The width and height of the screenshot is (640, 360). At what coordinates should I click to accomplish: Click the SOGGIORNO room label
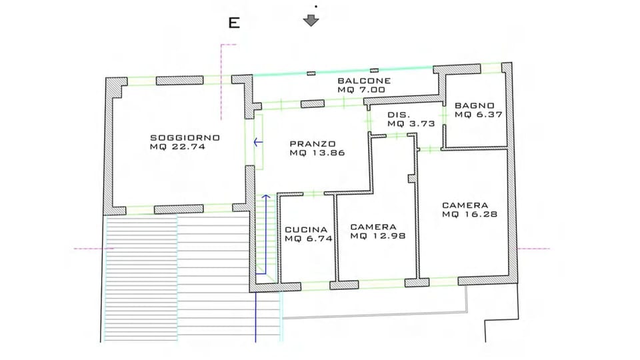click(x=185, y=137)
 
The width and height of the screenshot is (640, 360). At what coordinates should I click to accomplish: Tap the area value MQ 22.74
click(x=177, y=147)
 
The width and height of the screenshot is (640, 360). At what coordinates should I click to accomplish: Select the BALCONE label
click(x=363, y=81)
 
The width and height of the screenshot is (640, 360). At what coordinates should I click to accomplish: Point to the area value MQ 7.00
click(x=361, y=90)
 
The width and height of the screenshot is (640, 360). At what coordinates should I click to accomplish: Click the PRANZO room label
click(x=313, y=143)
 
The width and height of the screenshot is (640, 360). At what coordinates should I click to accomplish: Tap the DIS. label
click(x=398, y=115)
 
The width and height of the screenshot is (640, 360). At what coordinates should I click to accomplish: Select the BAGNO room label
click(x=475, y=105)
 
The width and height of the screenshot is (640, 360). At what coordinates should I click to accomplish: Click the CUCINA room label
click(x=306, y=229)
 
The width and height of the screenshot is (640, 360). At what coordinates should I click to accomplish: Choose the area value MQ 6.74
click(x=308, y=238)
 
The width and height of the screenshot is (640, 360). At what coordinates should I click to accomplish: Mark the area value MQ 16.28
click(x=470, y=214)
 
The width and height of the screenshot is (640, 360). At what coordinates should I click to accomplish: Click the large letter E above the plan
click(x=234, y=23)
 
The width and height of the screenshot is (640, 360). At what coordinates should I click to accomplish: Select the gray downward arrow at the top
click(x=311, y=20)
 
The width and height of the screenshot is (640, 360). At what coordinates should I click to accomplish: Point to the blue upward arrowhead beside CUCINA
click(x=265, y=197)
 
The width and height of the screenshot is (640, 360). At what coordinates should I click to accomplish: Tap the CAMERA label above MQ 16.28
click(x=465, y=205)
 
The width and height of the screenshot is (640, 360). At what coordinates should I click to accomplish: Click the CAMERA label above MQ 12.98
click(x=373, y=226)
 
